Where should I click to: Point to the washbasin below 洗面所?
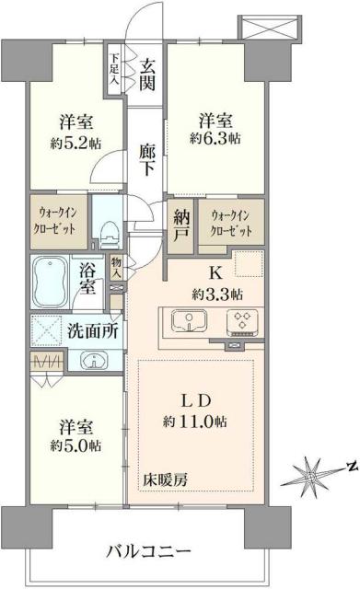(88, 360)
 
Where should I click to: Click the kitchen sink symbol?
(191, 323)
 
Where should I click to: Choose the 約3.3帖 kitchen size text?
(217, 294)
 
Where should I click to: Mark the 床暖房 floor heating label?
(164, 479)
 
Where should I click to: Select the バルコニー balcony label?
(149, 552)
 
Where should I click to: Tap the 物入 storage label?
(116, 269)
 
